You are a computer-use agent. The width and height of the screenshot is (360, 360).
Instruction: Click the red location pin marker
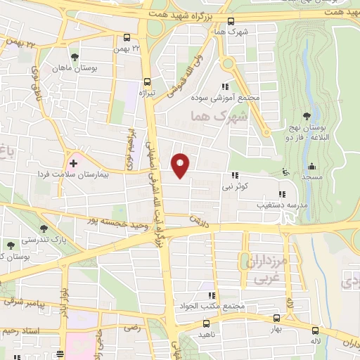click(x=181, y=165)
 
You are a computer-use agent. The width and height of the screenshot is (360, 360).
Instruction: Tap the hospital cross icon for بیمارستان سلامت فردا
click(x=73, y=162)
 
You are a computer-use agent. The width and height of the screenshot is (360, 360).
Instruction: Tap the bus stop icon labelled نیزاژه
click(x=147, y=80)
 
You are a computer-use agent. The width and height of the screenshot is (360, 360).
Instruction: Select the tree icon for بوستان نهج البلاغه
click(x=306, y=115)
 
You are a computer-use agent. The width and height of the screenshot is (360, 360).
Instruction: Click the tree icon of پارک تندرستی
click(x=44, y=229)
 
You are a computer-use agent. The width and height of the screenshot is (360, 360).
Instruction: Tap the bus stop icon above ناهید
click(x=206, y=323)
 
